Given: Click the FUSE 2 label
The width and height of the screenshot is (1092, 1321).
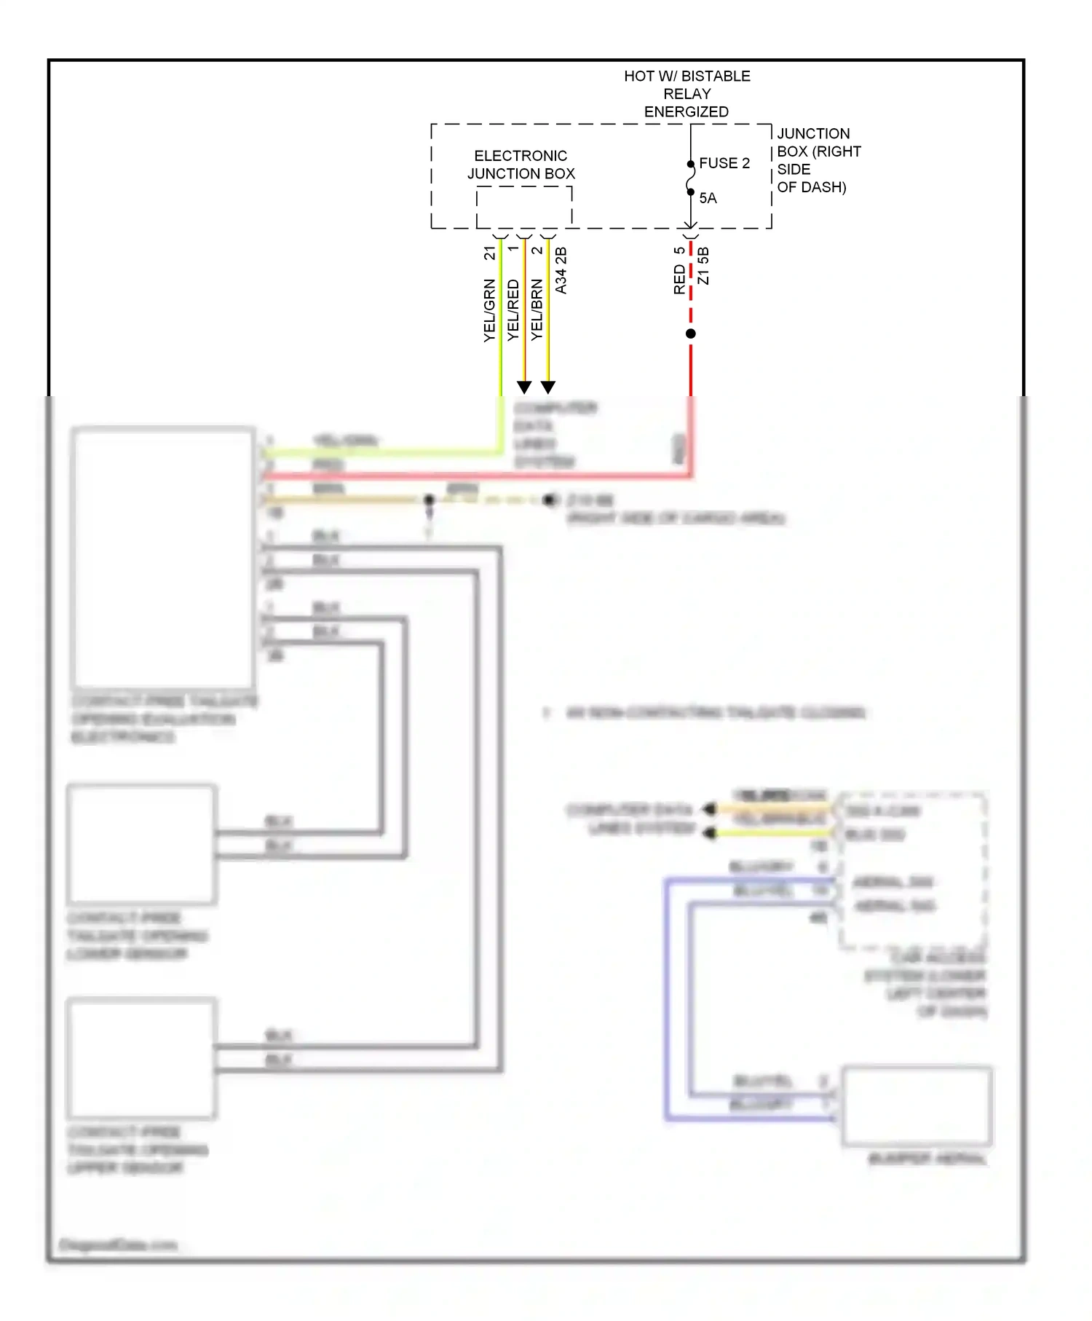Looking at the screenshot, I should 724,163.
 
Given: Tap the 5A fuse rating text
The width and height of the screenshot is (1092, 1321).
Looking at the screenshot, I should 708,198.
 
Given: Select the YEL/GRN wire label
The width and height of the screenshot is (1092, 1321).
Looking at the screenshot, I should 489,310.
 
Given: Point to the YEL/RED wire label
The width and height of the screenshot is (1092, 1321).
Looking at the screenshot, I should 513,310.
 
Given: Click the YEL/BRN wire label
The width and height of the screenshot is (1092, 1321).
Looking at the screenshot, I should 537,310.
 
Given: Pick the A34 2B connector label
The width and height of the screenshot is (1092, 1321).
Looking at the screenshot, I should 561,271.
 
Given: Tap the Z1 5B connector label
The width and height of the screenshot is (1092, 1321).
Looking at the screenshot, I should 703,266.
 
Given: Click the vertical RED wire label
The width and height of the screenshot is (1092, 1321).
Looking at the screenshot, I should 679,280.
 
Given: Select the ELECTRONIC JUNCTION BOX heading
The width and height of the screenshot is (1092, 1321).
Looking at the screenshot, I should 521,165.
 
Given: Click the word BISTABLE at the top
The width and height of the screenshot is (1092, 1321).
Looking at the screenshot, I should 716,76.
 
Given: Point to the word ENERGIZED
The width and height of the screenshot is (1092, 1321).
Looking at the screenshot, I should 686,112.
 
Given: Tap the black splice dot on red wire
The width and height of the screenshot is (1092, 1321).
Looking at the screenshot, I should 691,334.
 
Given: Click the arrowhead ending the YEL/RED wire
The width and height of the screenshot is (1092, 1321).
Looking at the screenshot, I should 524,387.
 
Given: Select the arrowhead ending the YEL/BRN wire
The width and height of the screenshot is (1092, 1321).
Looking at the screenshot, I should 548,387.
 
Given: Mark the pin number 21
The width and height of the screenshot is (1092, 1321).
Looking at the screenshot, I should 489,253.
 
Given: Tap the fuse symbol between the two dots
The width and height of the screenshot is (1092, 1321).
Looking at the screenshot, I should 690,178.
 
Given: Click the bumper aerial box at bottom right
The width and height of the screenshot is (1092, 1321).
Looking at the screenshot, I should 917,1105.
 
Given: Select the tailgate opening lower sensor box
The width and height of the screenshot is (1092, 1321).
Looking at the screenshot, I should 141,844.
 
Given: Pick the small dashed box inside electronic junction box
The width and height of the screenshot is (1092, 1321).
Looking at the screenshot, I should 524,207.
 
